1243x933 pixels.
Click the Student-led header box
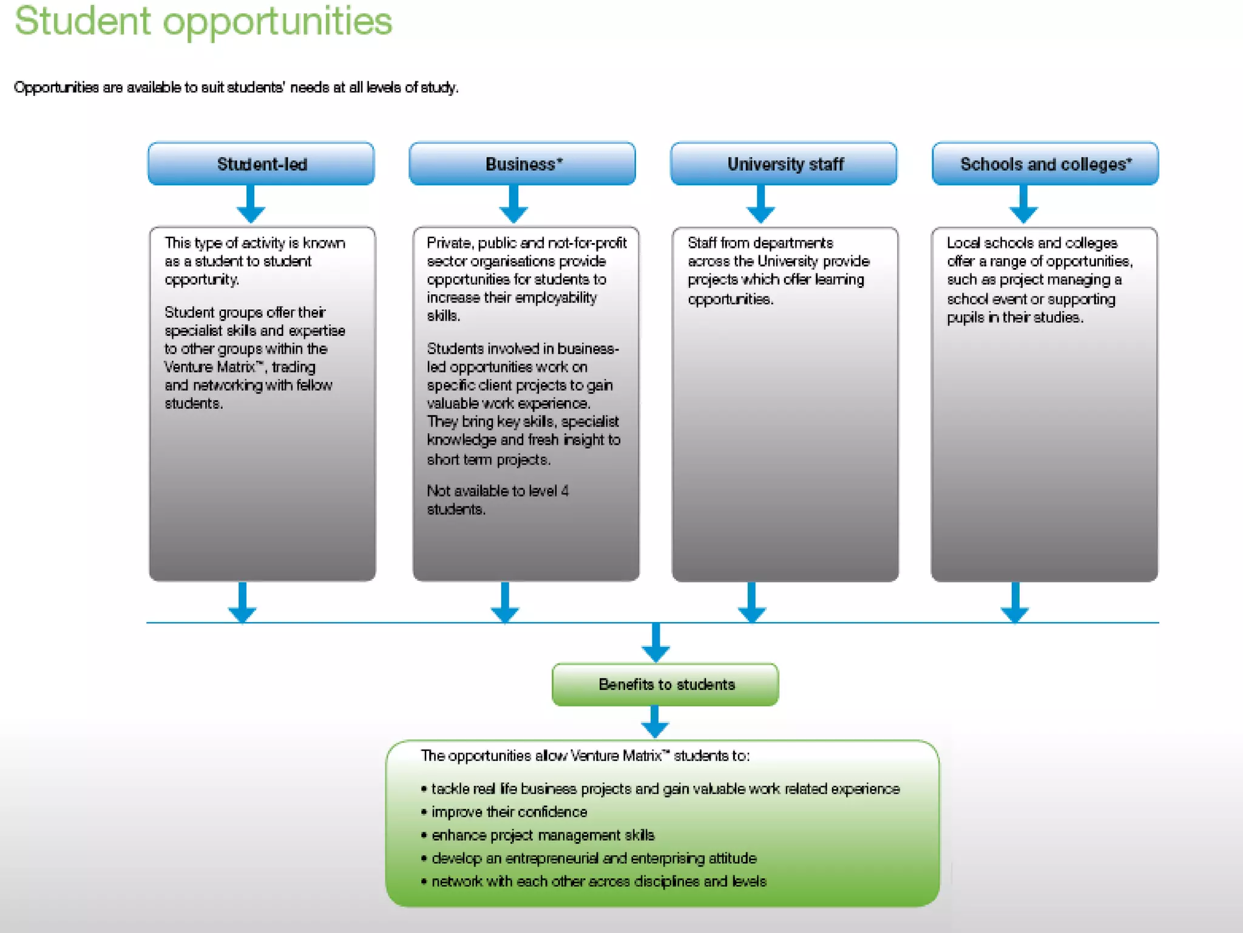261,164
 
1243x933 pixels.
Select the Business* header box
522,164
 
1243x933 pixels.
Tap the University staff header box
784,164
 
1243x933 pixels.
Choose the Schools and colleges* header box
1045,164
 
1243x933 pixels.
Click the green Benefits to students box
665,685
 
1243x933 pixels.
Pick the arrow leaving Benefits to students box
655,722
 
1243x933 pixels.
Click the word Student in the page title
83,21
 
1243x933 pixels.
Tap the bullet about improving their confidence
509,812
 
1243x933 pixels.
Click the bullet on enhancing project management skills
543,835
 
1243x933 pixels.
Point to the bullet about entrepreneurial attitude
594,858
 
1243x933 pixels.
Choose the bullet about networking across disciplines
598,881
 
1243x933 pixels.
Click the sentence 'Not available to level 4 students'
497,500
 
